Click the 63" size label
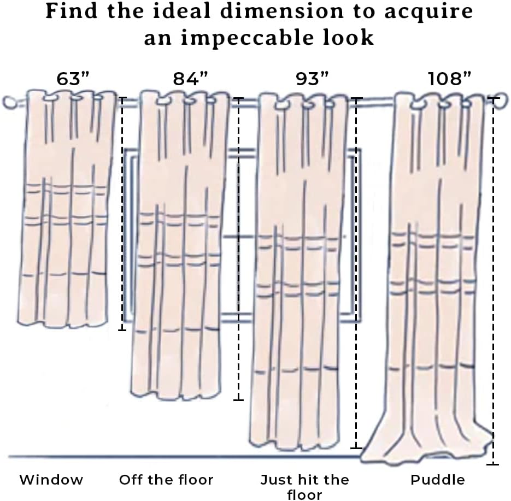pos(73,79)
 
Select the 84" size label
pos(191,79)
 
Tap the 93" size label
pos(311,79)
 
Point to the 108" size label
pos(450,79)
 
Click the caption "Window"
pos(51,480)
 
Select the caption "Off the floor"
pos(166,480)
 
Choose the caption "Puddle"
pos(438,480)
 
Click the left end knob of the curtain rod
pos(9,102)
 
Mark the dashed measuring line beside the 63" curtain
pos(122,213)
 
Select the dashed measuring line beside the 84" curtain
pos(238,249)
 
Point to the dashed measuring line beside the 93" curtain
pos(357,273)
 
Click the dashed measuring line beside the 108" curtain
pos(493,281)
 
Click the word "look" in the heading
pos(352,37)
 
